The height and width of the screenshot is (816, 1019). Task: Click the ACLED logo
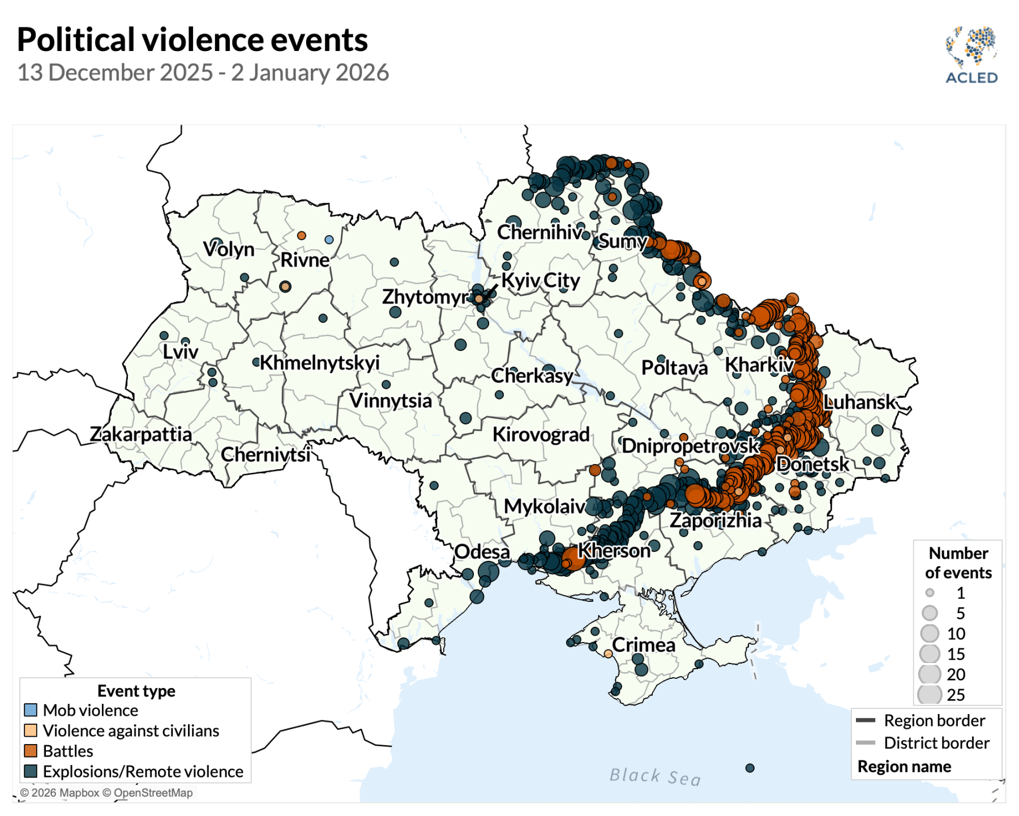coord(971,56)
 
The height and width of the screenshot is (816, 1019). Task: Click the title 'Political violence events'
coord(192,40)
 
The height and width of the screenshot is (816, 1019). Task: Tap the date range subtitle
coord(203,73)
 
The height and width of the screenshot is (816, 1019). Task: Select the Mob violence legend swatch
coord(31,710)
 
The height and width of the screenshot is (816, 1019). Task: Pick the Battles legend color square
coord(31,751)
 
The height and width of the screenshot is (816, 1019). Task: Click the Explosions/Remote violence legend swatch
coord(31,771)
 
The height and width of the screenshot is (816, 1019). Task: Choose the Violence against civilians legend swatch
coord(31,730)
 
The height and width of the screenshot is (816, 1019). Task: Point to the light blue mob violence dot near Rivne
coord(329,240)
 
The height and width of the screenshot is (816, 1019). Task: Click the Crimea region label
coord(644,645)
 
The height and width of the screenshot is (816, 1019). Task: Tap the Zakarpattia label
coord(141,434)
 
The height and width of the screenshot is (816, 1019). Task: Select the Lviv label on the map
coord(181,352)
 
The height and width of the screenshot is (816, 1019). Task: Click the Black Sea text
coord(655,776)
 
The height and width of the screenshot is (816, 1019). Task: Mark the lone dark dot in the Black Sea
coord(750,768)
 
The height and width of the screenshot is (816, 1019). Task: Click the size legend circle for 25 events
coord(930,695)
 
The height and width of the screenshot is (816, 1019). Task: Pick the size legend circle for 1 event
coord(930,593)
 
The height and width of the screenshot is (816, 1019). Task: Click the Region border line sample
coord(866,720)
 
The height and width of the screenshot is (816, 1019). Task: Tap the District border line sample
coord(866,743)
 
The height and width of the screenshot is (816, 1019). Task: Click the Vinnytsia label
coord(391,401)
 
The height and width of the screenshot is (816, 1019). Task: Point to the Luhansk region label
coord(859,402)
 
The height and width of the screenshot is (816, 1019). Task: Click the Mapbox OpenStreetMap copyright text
coord(106,793)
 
